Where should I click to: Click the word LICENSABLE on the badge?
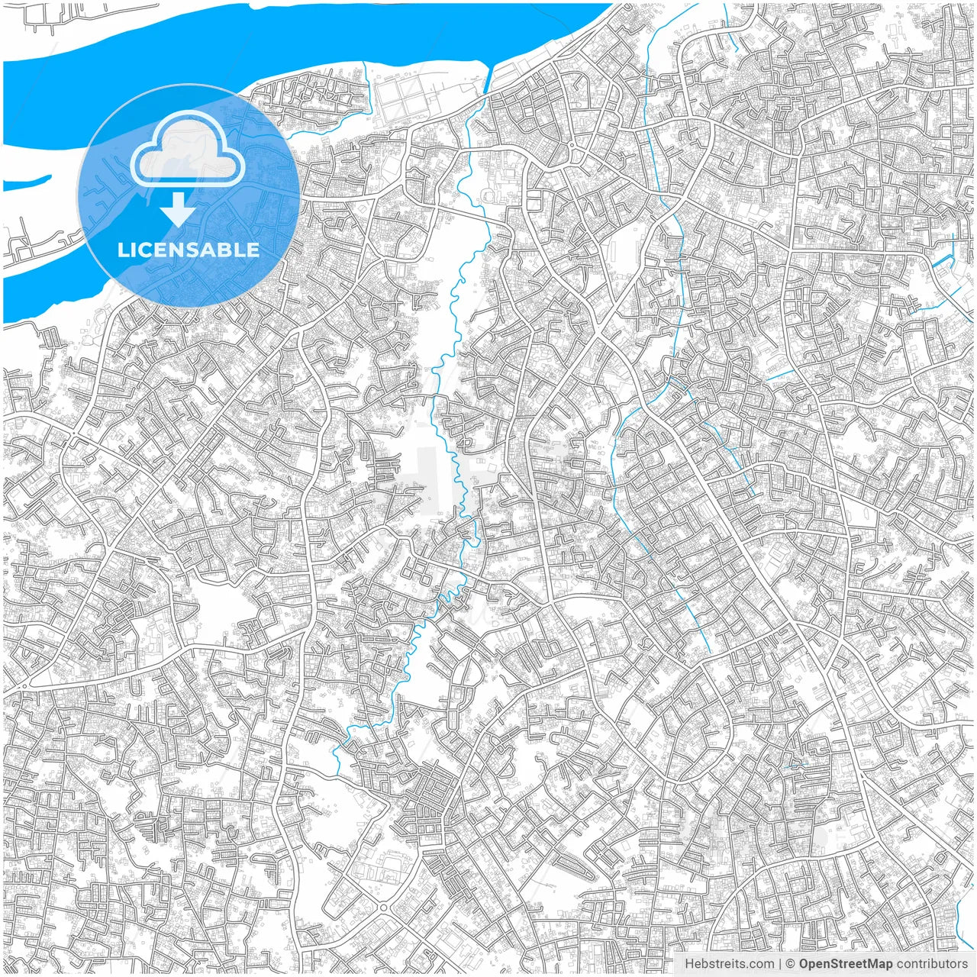[189, 250]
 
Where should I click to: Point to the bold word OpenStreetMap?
[845, 964]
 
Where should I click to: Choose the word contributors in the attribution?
[931, 964]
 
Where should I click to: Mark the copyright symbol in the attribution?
[791, 964]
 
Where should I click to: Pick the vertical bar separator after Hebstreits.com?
[779, 964]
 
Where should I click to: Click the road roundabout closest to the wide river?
[571, 146]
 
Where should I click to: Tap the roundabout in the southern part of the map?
[382, 908]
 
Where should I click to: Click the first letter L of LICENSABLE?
[122, 250]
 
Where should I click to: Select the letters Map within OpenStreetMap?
[879, 964]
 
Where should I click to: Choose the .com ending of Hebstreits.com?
[760, 964]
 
